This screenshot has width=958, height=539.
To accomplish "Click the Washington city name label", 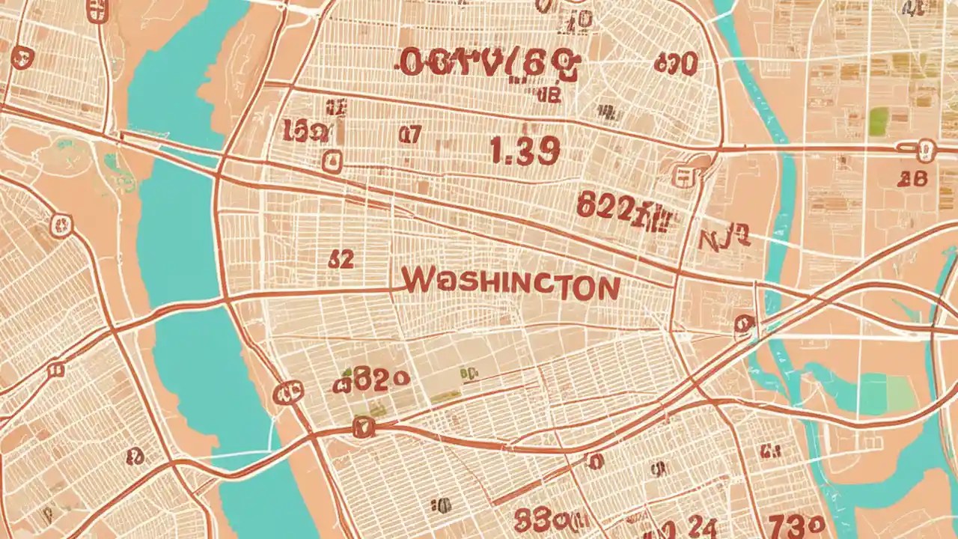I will (x=510, y=284).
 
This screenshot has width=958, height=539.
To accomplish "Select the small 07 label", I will (x=409, y=134).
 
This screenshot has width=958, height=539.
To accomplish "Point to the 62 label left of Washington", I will (x=341, y=259).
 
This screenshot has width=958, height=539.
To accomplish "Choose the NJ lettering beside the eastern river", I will (x=723, y=240).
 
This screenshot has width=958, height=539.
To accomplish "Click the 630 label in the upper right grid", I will (x=675, y=63).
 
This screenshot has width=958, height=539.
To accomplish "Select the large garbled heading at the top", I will (x=489, y=64).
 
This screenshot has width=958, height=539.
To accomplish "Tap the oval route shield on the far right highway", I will (x=927, y=150).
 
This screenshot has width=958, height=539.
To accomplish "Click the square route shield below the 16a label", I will (x=332, y=160).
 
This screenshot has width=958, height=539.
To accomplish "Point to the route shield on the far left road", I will (x=61, y=225).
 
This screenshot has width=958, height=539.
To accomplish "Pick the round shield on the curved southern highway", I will (x=362, y=427).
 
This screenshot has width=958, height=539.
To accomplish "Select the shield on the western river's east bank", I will (x=287, y=392).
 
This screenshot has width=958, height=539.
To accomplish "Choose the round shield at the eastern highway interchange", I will (x=744, y=323).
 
